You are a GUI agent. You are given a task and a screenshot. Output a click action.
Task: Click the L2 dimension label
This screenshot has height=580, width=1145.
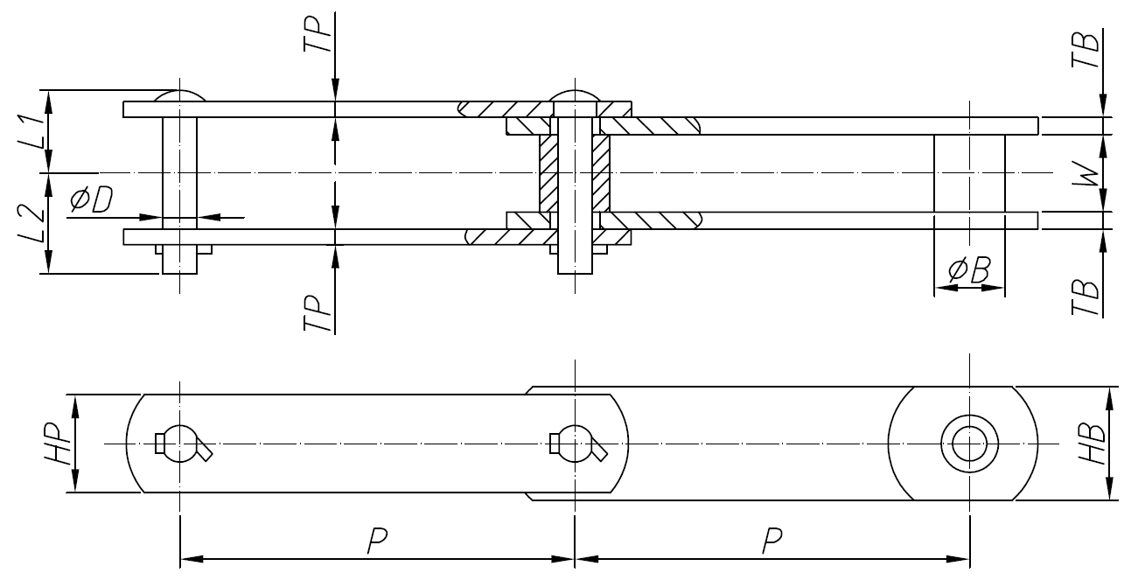[x=29, y=223]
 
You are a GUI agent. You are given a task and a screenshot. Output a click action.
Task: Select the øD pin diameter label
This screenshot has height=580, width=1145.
[x=91, y=201]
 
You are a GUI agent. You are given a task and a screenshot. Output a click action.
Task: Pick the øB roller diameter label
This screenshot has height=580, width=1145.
[x=968, y=272]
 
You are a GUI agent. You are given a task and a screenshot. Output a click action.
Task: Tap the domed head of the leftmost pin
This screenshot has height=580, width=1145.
[x=179, y=95]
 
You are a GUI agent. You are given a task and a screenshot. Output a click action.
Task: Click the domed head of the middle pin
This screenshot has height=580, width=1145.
[x=575, y=94]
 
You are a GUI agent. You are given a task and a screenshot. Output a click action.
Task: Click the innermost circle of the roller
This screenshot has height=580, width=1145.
[x=968, y=444]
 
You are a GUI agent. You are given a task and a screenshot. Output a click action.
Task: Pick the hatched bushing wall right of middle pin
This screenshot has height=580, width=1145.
[x=602, y=173]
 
